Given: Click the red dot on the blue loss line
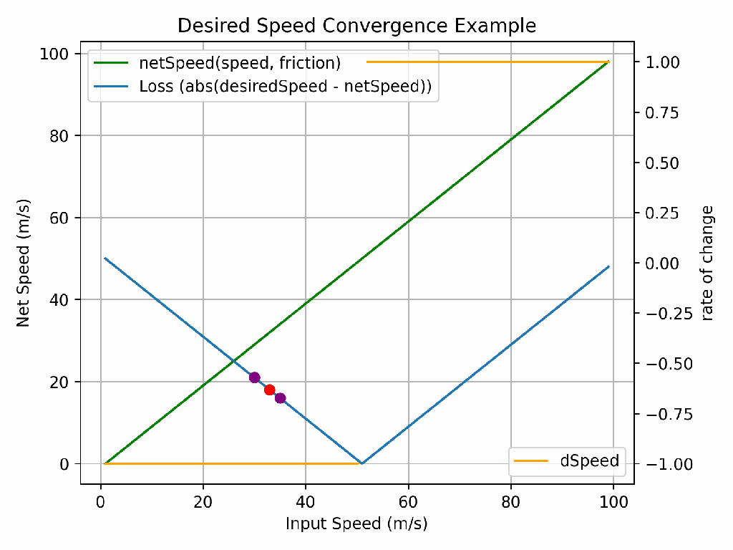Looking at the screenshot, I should pos(270,390).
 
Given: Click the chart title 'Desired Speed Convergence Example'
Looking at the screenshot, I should pos(356,26).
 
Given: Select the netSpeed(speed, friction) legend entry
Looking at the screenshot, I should pos(240,62).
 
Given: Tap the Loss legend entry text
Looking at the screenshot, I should pos(288,87).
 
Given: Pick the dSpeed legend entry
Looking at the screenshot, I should pos(589,461).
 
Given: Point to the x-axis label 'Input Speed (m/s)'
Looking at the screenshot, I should pos(356,524).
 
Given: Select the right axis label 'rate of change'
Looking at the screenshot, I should pos(707,263).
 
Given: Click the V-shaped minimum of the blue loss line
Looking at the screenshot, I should pos(361,463).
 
